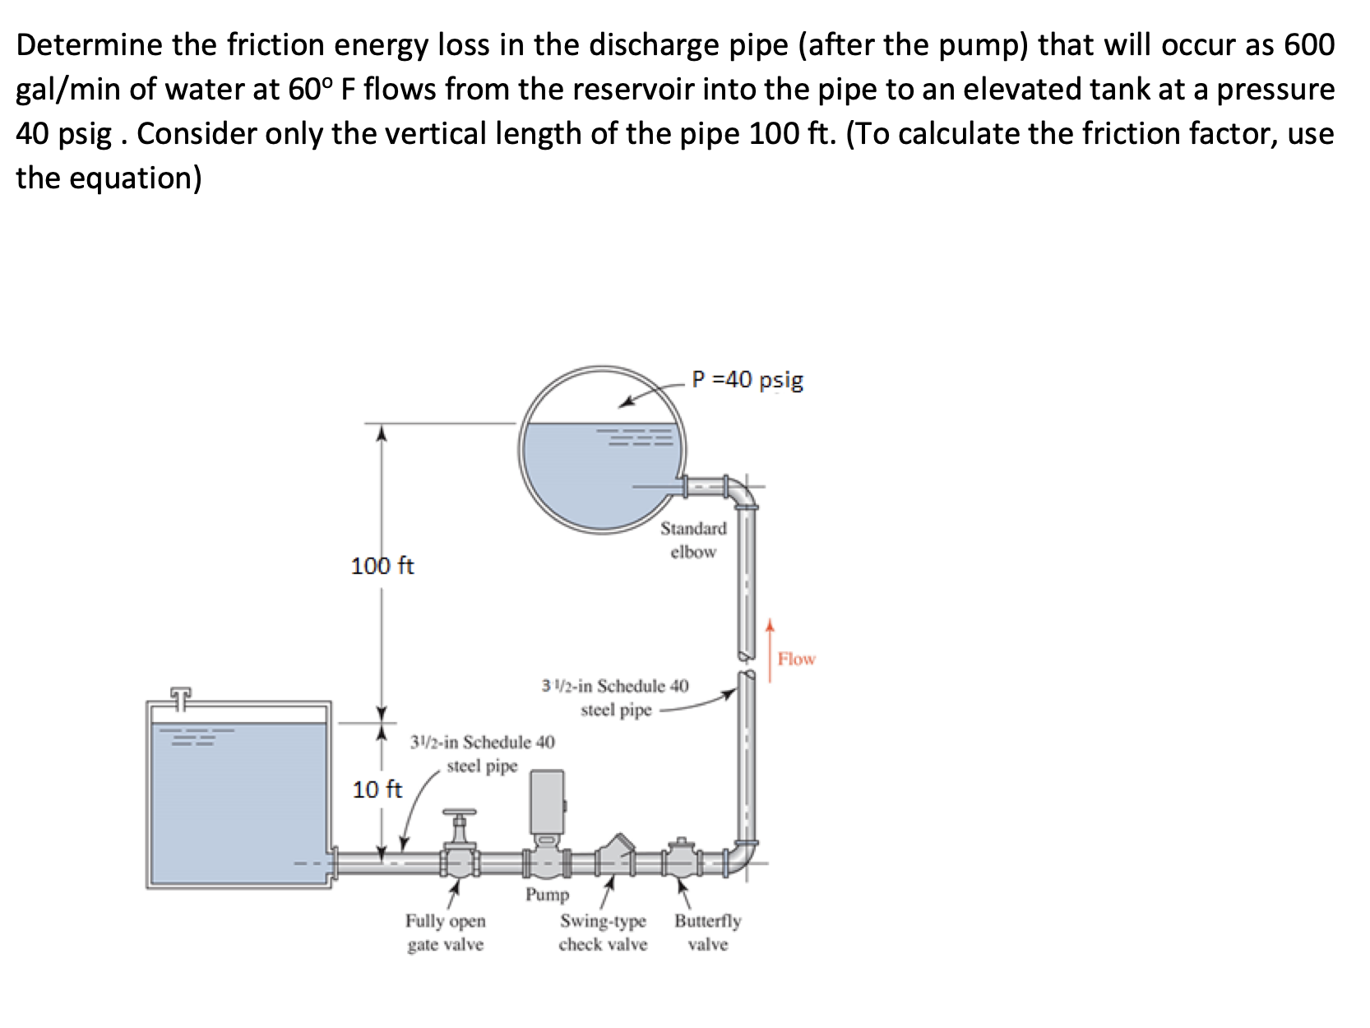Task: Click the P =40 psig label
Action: [x=747, y=380]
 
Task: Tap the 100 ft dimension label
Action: [x=382, y=566]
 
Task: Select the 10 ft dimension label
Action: [x=377, y=790]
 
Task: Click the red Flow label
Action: [x=796, y=659]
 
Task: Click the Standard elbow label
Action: [x=693, y=539]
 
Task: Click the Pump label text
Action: [x=547, y=894]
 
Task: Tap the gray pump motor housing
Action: [x=547, y=801]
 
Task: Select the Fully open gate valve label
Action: [x=445, y=933]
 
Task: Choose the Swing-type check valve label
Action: [x=603, y=933]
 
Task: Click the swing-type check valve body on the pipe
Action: [x=615, y=855]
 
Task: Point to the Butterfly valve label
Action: [x=707, y=933]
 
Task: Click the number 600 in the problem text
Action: [x=1309, y=44]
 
